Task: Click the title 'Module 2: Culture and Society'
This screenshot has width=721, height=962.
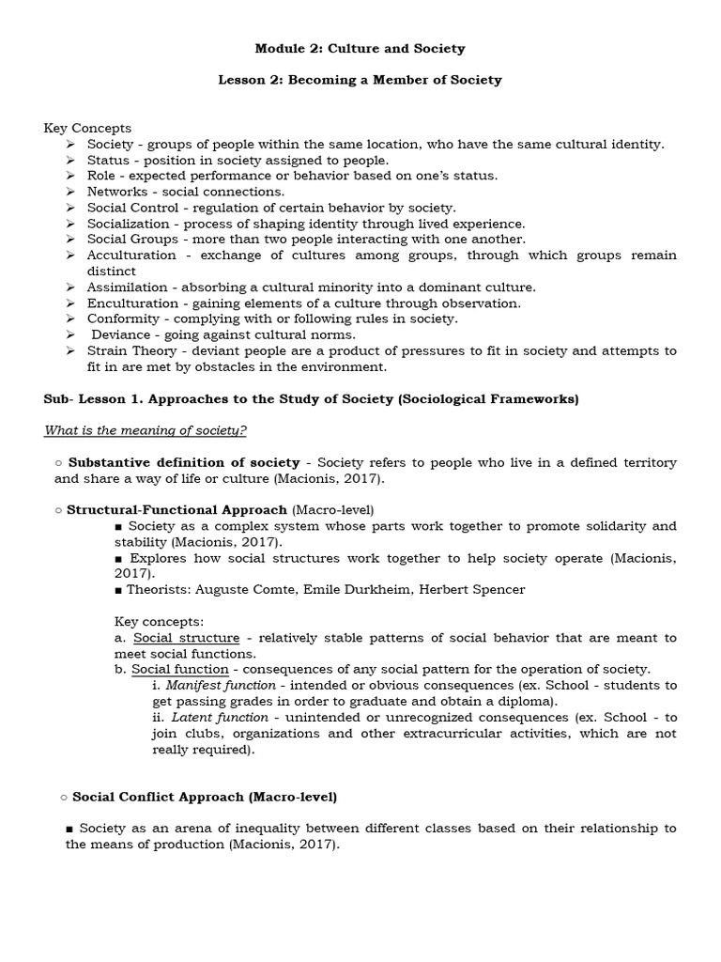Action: (x=360, y=48)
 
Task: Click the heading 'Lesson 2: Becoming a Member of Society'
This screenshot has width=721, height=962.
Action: (x=360, y=80)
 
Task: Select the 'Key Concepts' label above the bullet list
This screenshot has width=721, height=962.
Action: (x=87, y=128)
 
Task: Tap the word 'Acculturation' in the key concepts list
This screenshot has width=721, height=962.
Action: (x=131, y=256)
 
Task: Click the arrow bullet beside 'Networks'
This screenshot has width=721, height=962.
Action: (x=70, y=192)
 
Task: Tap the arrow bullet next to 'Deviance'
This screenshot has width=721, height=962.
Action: (x=70, y=335)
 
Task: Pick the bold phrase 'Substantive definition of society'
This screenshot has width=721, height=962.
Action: (x=184, y=463)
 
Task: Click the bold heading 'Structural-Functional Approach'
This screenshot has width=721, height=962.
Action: (x=176, y=510)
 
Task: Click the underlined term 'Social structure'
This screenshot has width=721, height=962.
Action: (x=186, y=638)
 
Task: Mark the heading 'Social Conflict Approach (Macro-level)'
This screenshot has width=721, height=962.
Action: (x=205, y=797)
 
